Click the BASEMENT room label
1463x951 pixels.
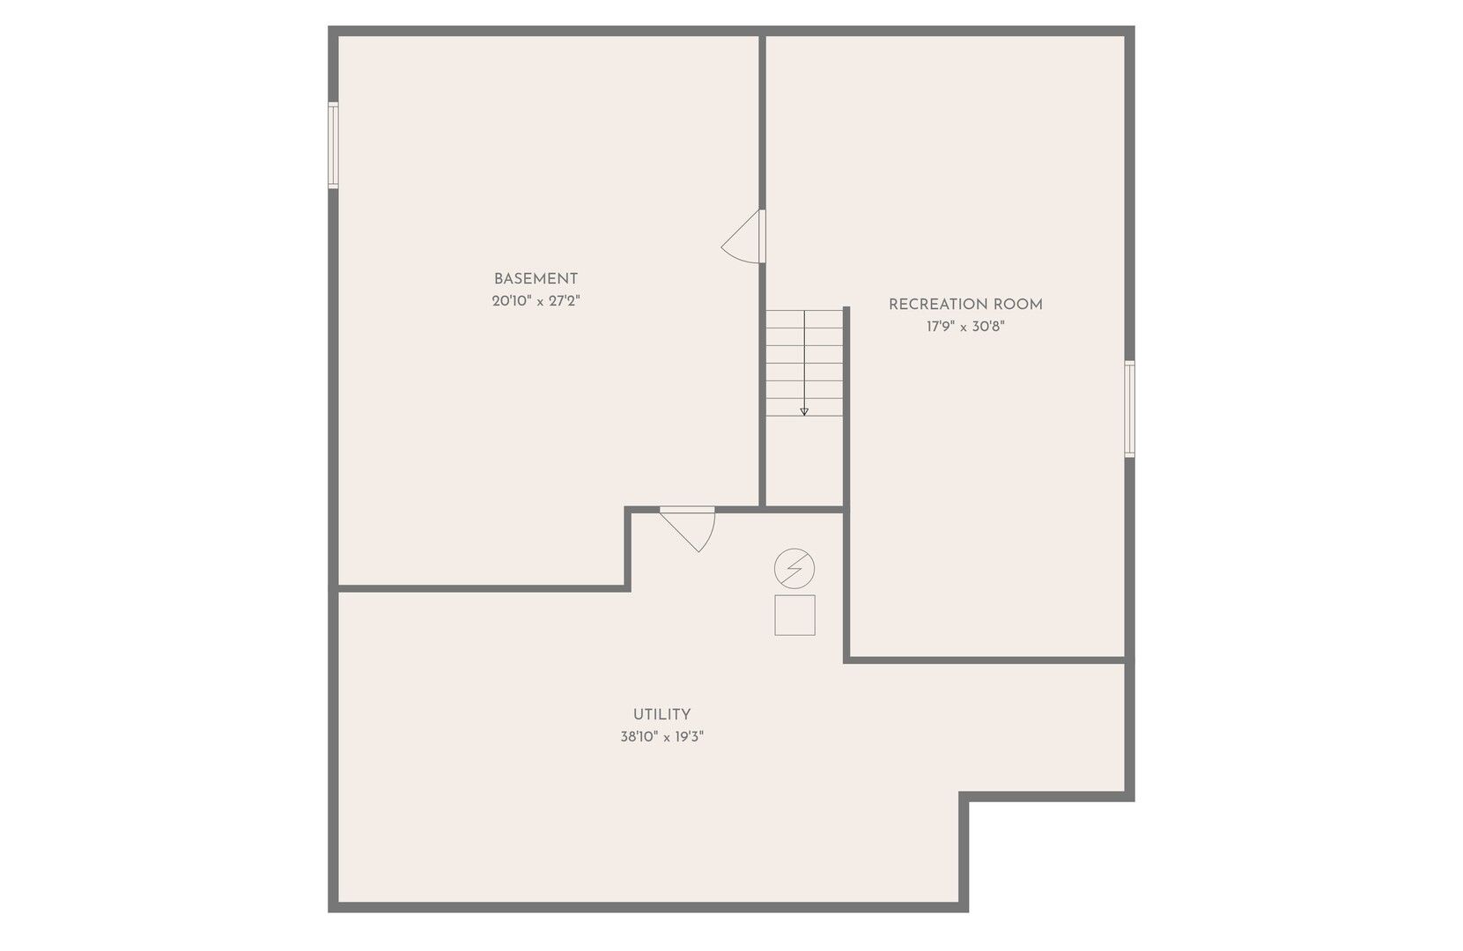click(536, 279)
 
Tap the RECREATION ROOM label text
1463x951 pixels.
click(965, 305)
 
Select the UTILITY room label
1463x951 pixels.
click(661, 714)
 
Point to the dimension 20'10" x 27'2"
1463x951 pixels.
click(536, 301)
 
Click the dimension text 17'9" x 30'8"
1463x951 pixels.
click(965, 327)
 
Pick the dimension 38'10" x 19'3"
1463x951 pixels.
click(661, 737)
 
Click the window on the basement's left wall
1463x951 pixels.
click(333, 145)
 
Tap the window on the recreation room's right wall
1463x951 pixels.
click(1129, 409)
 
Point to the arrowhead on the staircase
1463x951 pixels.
click(804, 412)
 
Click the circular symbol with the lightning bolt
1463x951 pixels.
click(794, 568)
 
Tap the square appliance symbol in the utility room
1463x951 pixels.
click(794, 615)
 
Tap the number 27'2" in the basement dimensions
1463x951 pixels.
click(565, 301)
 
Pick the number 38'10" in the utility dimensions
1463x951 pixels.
click(639, 737)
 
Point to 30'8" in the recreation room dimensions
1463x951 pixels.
click(988, 327)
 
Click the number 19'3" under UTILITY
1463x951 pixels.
click(688, 737)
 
